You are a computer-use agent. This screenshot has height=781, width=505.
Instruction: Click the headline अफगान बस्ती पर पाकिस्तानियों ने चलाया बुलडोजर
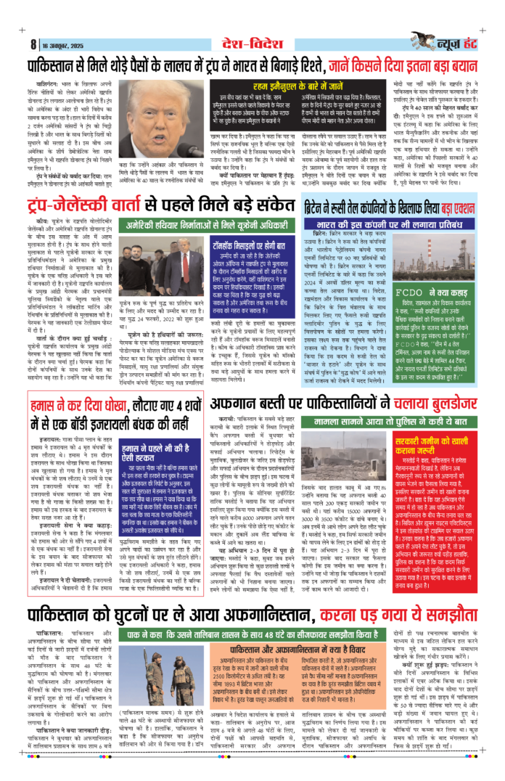click(x=342, y=404)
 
